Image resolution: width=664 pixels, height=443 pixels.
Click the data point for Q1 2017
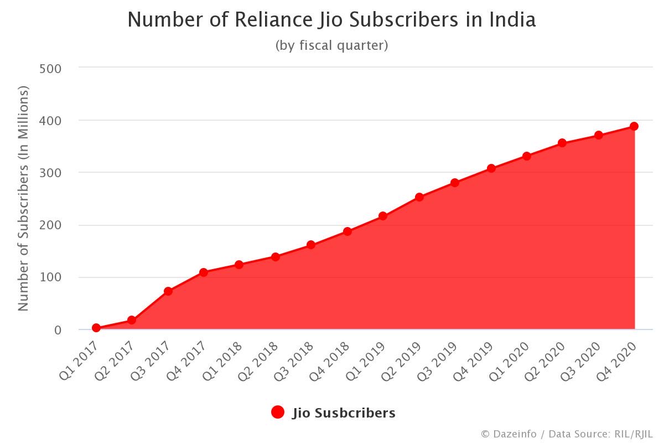click(x=96, y=328)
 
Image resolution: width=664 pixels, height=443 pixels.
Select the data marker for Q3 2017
click(x=168, y=291)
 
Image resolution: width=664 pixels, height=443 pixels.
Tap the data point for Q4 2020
click(x=634, y=126)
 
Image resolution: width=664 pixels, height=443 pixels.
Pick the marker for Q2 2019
click(x=419, y=197)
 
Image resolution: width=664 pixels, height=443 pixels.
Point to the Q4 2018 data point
click(x=347, y=231)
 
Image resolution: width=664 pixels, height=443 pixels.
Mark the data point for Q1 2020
click(x=527, y=156)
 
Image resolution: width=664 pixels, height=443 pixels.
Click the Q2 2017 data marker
click(x=132, y=320)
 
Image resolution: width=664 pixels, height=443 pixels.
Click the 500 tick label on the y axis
click(x=50, y=68)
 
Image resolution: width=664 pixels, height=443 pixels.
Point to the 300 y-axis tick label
click(x=50, y=173)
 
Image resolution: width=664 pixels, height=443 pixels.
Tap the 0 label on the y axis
click(x=58, y=330)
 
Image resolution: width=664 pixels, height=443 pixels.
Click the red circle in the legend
click(x=278, y=412)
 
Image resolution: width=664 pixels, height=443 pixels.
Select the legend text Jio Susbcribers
click(x=344, y=413)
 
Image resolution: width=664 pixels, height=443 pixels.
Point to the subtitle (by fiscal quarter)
click(x=332, y=45)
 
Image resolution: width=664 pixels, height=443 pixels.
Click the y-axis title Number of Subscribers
click(x=23, y=198)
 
